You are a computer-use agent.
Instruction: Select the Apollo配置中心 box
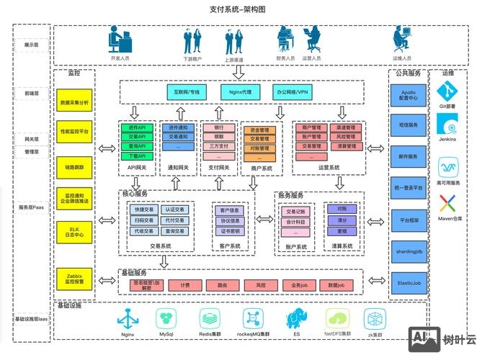(x=407, y=95)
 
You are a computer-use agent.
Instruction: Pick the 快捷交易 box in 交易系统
(x=143, y=210)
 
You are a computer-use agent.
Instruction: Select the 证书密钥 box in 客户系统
(x=231, y=231)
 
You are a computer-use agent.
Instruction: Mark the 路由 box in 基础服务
(x=223, y=285)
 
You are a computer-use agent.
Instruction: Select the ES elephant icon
(x=295, y=318)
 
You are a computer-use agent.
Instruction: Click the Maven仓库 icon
(x=447, y=204)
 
